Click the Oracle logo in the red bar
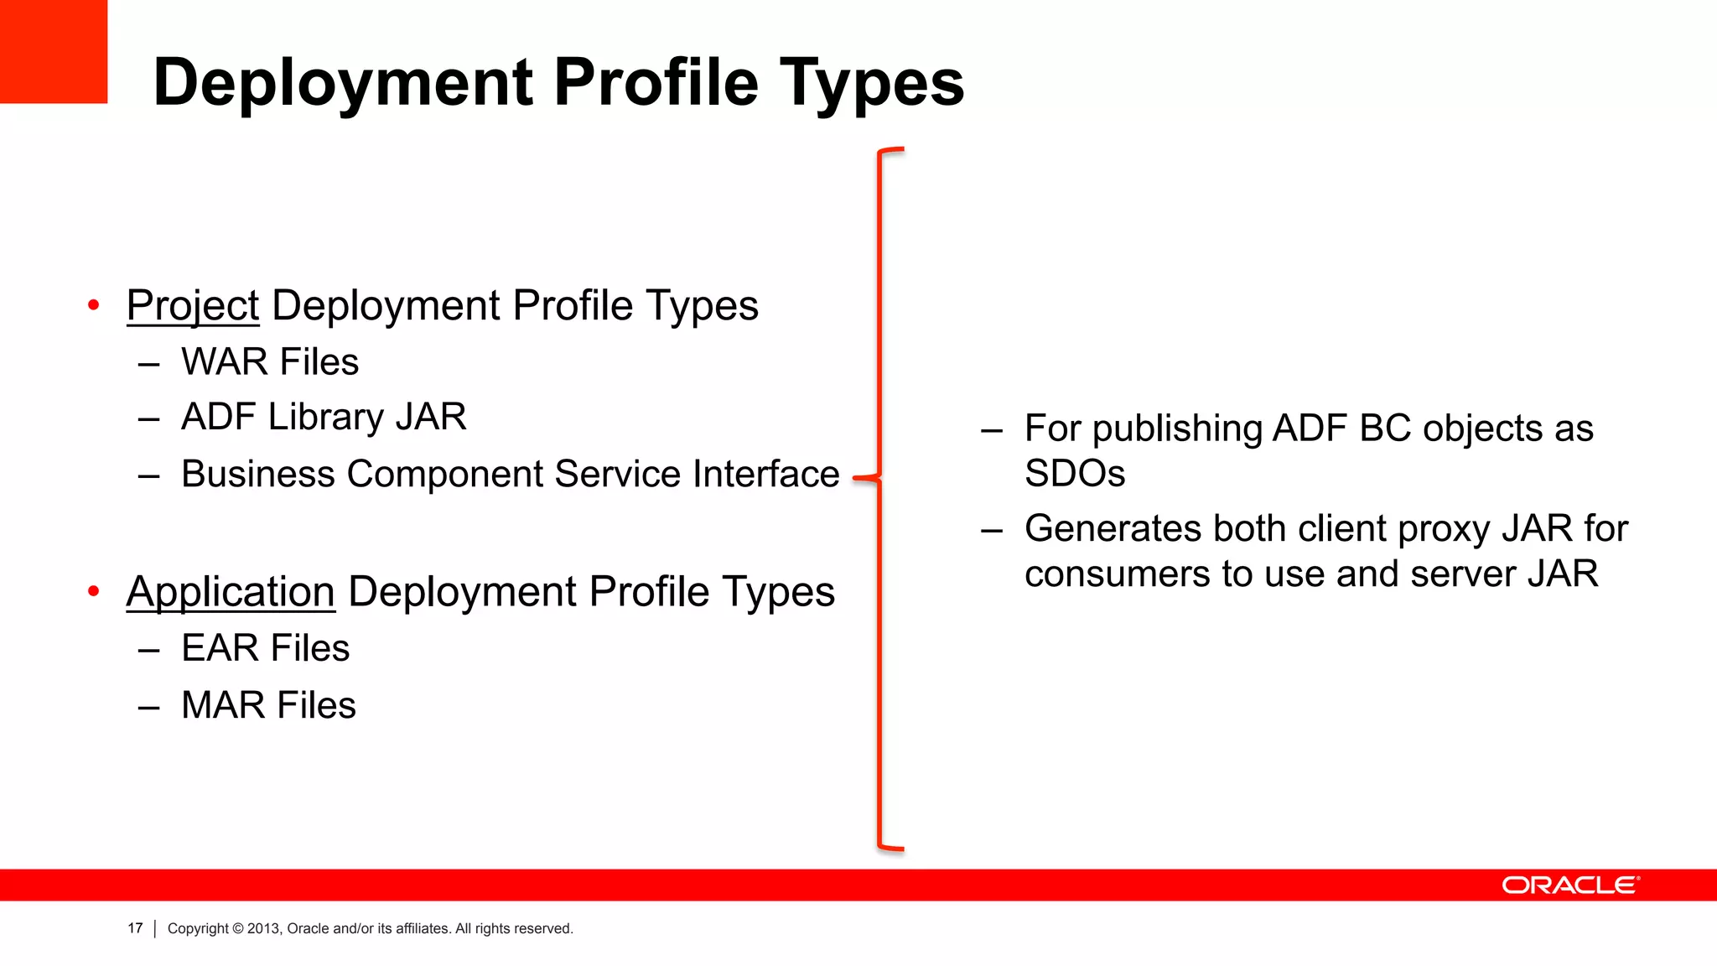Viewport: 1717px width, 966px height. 1570,885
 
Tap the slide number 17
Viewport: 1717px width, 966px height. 135,928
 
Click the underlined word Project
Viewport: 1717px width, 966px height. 193,305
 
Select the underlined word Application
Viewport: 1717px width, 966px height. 231,592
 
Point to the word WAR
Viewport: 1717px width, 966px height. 224,362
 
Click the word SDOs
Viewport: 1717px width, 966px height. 1075,474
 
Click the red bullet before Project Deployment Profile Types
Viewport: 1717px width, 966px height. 94,305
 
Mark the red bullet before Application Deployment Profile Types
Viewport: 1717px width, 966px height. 94,592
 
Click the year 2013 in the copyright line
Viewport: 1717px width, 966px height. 263,928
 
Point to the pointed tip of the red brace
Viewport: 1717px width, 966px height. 855,479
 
